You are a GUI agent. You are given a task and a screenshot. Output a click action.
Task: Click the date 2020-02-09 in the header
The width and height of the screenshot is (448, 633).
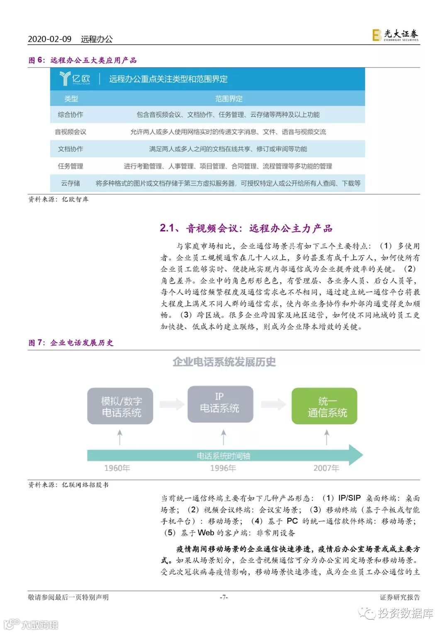tap(49, 39)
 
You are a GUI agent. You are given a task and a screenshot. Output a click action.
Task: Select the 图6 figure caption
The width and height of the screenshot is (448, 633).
tap(82, 60)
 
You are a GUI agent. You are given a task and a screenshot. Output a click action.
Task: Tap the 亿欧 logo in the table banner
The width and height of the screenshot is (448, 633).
tap(75, 78)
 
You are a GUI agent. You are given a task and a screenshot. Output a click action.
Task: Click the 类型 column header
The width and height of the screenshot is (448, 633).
tap(71, 99)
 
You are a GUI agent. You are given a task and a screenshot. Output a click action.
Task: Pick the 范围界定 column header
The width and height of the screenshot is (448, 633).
tap(229, 99)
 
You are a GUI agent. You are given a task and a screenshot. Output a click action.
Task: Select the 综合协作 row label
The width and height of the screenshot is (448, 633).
tap(71, 115)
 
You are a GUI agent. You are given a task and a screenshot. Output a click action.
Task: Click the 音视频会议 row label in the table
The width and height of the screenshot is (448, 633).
tap(71, 132)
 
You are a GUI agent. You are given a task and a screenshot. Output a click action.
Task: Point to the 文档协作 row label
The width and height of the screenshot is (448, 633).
tap(71, 149)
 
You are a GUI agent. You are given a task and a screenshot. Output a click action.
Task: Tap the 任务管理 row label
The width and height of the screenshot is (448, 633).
tap(71, 166)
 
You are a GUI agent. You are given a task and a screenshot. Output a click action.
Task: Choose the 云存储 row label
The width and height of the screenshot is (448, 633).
tap(71, 183)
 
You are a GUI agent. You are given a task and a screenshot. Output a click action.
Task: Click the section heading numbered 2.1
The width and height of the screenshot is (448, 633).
tap(246, 228)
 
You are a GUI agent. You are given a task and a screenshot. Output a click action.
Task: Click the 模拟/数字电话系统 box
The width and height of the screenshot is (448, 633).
tap(120, 406)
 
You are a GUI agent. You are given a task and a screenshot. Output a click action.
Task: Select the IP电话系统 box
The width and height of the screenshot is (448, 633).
tap(220, 404)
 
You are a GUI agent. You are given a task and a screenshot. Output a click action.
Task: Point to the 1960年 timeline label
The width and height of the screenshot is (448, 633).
tap(117, 468)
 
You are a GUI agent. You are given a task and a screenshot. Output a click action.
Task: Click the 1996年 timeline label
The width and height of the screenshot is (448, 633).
tap(223, 468)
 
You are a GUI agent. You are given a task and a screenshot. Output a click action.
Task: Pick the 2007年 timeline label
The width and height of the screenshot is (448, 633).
tap(326, 468)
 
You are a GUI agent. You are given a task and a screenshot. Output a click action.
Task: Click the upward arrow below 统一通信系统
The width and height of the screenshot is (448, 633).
tap(327, 437)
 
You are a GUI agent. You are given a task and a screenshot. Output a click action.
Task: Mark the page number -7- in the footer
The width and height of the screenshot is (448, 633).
tap(224, 597)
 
